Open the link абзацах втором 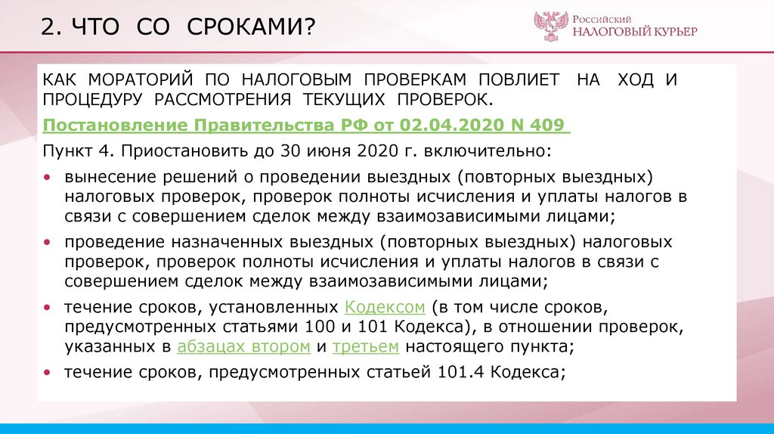click(x=243, y=348)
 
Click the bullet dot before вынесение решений click(x=48, y=177)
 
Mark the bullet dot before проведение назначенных click(x=48, y=243)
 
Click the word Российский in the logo click(x=602, y=16)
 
